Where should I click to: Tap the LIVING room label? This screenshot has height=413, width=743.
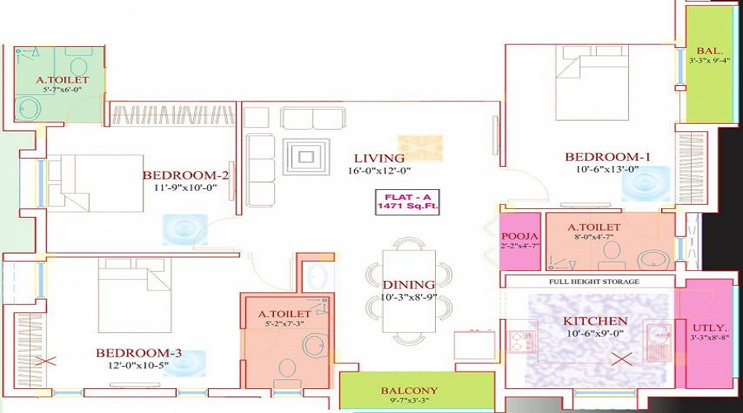click(380, 158)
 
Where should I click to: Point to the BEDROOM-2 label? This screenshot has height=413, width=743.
click(185, 174)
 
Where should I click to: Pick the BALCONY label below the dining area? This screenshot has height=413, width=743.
click(409, 390)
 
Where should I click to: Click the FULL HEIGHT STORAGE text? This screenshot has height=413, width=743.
click(594, 282)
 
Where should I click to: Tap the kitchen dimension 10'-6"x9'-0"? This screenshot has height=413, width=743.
click(594, 333)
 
